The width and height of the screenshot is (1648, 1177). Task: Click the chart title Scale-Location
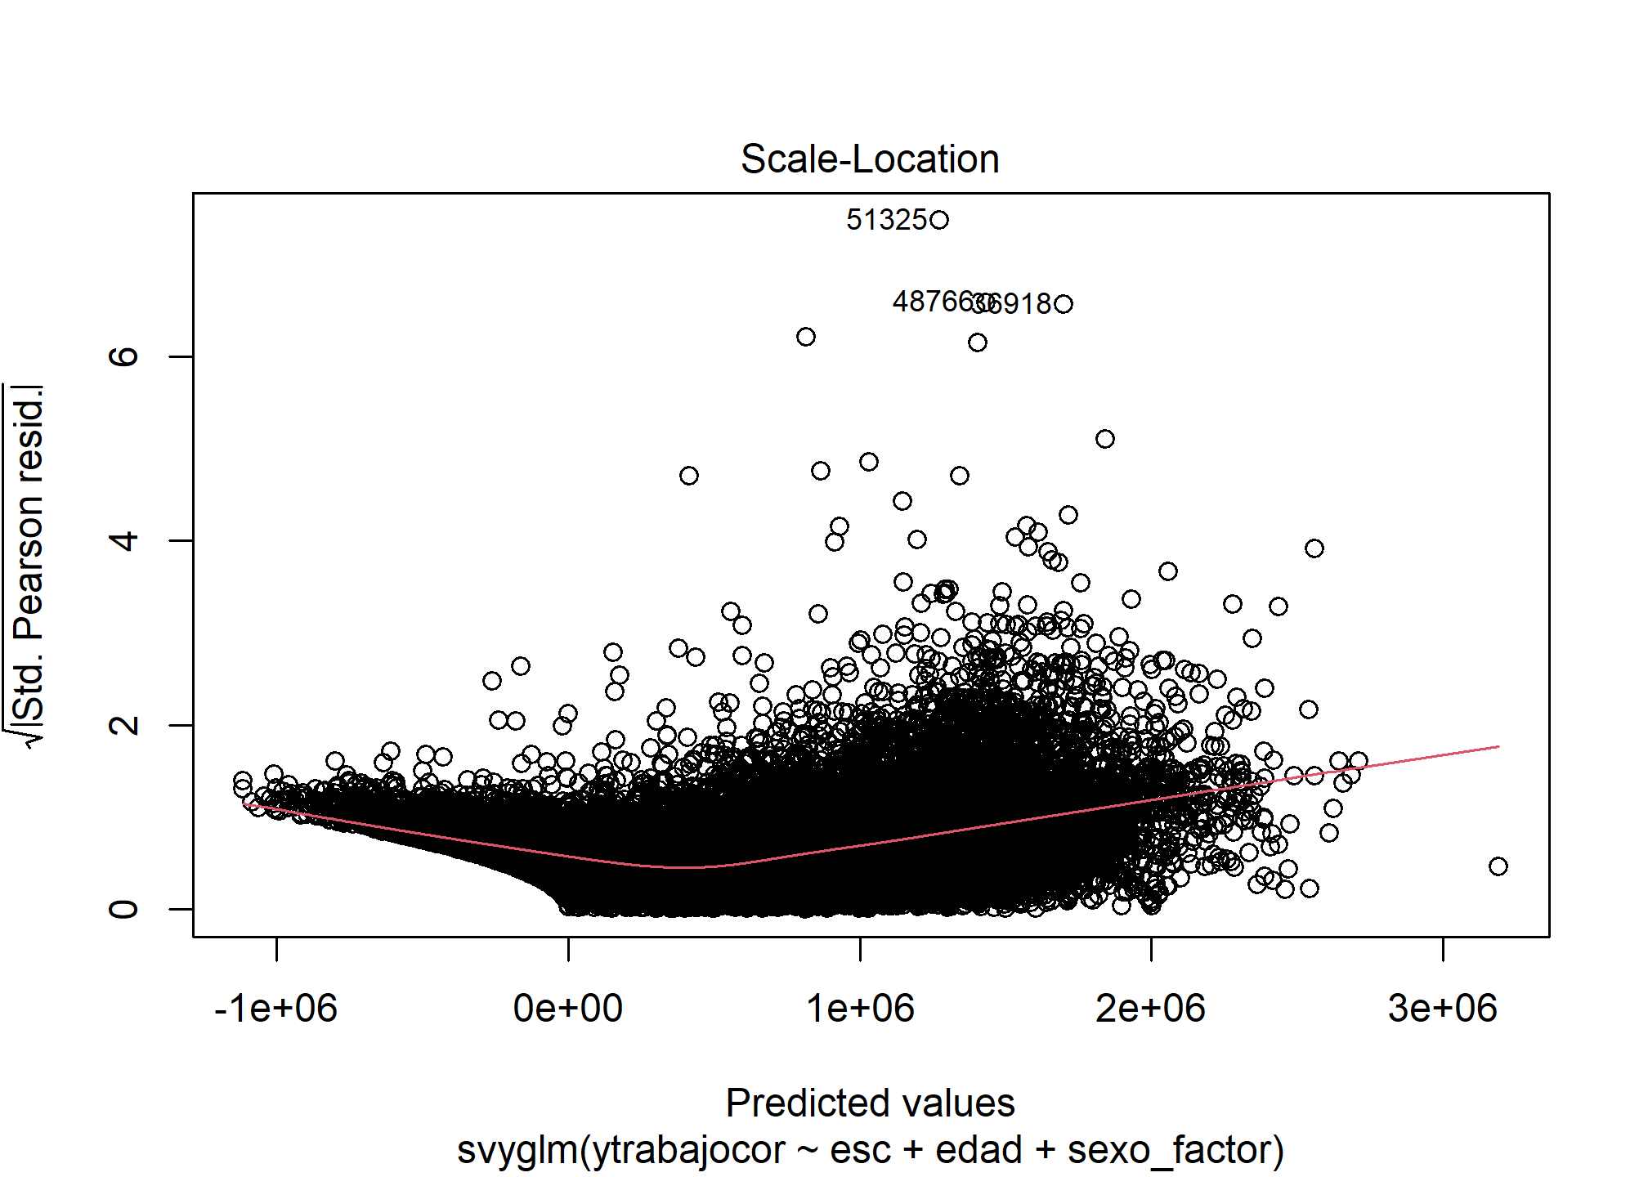point(870,159)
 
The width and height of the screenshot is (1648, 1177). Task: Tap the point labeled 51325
point(939,220)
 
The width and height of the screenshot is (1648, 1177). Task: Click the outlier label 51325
point(886,220)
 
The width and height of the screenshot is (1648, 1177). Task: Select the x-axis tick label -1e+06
point(275,1009)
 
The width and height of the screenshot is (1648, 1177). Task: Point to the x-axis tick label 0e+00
point(568,1009)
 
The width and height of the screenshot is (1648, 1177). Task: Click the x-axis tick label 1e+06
point(860,1009)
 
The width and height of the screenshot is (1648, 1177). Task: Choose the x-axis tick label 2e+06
point(1151,1009)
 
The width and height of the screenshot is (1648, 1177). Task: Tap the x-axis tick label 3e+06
point(1443,1009)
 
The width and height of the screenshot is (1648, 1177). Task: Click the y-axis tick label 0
point(124,909)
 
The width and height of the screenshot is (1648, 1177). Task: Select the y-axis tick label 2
point(124,725)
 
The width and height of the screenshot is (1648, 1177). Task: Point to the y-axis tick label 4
point(124,540)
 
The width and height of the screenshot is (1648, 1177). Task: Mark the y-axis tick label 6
point(124,356)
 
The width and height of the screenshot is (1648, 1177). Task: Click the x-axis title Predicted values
point(870,1103)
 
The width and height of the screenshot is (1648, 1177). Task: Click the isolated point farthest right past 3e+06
point(1498,866)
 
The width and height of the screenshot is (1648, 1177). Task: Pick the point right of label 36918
point(1064,304)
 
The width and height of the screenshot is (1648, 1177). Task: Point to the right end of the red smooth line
point(1498,746)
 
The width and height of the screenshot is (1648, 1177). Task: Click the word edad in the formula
point(978,1151)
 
